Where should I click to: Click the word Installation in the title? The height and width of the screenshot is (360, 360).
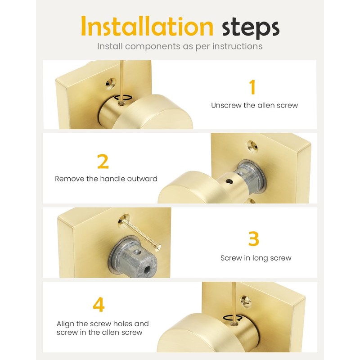[x=147, y=26]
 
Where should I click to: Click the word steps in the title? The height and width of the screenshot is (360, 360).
[x=251, y=28]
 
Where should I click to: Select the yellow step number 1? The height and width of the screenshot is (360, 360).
[x=252, y=87]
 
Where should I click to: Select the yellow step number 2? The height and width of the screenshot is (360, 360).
[x=103, y=162]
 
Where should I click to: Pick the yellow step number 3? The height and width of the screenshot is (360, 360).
[x=254, y=238]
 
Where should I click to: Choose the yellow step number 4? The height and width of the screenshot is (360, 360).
[x=99, y=304]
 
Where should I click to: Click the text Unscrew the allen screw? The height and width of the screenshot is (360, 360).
[x=254, y=105]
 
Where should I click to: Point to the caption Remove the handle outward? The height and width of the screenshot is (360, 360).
[x=106, y=179]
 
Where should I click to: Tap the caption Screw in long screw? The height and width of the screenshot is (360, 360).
[x=256, y=258]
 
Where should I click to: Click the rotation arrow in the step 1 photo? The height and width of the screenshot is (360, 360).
[x=123, y=98]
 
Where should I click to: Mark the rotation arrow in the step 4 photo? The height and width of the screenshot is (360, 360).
[x=232, y=318]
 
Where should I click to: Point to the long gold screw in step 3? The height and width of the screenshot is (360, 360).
[x=140, y=234]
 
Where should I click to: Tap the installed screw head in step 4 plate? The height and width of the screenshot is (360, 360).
[x=246, y=301]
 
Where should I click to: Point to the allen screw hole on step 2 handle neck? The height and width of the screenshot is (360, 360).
[x=229, y=182]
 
